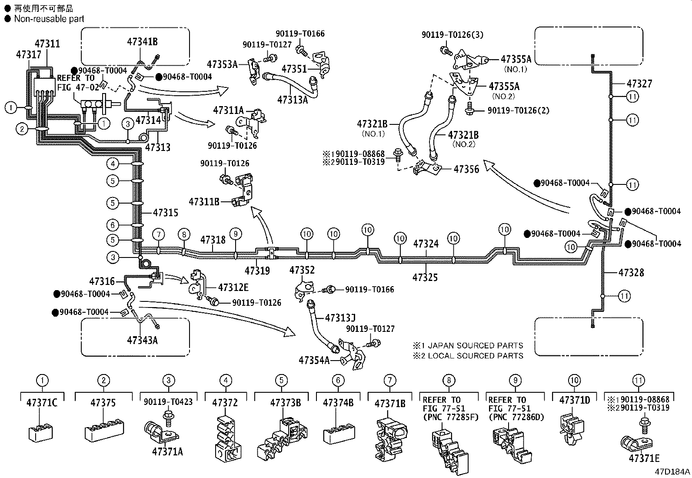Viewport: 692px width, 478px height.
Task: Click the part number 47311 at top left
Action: (x=47, y=43)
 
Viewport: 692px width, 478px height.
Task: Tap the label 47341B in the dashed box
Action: (x=143, y=42)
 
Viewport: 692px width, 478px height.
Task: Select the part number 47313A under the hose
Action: (x=293, y=100)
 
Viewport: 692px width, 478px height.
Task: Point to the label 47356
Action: (x=466, y=169)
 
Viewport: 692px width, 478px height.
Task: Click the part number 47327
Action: (x=639, y=84)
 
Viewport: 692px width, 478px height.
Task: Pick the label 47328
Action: (x=632, y=272)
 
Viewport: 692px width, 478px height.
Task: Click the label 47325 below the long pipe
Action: (x=425, y=277)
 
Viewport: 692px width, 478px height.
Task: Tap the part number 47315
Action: (x=166, y=213)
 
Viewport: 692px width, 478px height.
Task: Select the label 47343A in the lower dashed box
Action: (x=143, y=341)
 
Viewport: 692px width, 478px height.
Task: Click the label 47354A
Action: (x=314, y=360)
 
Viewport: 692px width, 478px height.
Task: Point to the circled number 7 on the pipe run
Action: (x=159, y=234)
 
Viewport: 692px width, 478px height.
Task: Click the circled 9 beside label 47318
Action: (x=236, y=234)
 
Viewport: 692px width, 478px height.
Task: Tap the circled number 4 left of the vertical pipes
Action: (x=113, y=164)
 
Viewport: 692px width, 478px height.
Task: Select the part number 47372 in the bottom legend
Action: (x=225, y=403)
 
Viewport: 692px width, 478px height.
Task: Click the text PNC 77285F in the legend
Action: (x=451, y=417)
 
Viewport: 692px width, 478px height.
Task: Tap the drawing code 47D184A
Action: (x=672, y=471)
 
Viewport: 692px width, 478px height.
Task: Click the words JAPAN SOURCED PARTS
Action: (x=475, y=345)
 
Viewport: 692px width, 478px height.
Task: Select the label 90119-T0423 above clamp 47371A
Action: (x=168, y=401)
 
